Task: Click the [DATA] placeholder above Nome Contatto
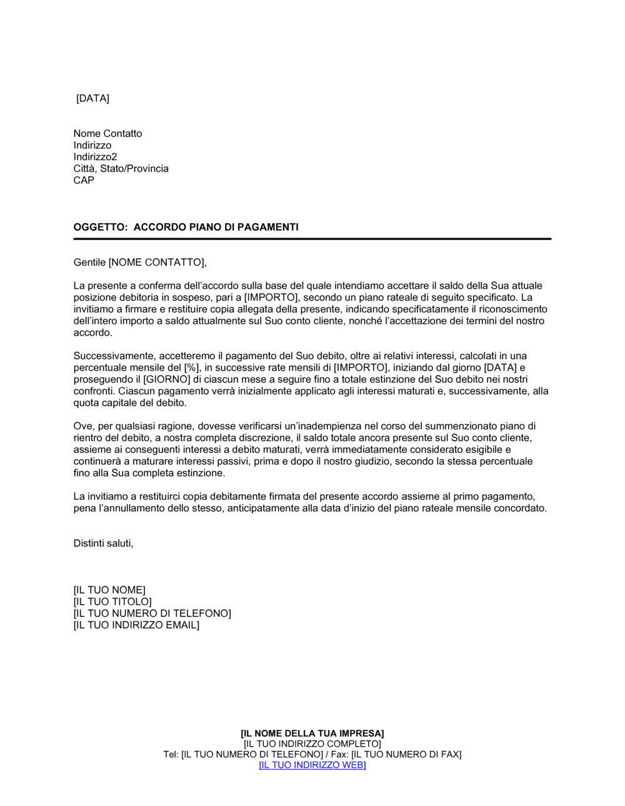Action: click(x=92, y=99)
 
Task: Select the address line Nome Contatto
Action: click(x=107, y=134)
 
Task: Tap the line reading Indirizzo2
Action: click(x=95, y=157)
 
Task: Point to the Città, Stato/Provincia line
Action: click(x=121, y=169)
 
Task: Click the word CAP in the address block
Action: click(x=84, y=181)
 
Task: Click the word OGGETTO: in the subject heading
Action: click(x=100, y=227)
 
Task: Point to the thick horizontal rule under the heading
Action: click(x=312, y=239)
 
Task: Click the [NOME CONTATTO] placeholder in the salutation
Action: click(x=157, y=262)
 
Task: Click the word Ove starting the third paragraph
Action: click(x=83, y=427)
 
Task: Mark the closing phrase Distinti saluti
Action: click(x=103, y=544)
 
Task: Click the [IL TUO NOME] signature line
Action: click(x=109, y=590)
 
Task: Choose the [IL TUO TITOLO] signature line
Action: click(x=112, y=602)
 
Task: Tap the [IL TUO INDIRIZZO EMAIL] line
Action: click(x=136, y=625)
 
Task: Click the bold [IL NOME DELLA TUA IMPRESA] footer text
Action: click(x=312, y=734)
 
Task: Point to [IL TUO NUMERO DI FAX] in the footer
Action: click(x=406, y=755)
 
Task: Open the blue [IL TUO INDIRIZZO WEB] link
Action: click(x=312, y=765)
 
